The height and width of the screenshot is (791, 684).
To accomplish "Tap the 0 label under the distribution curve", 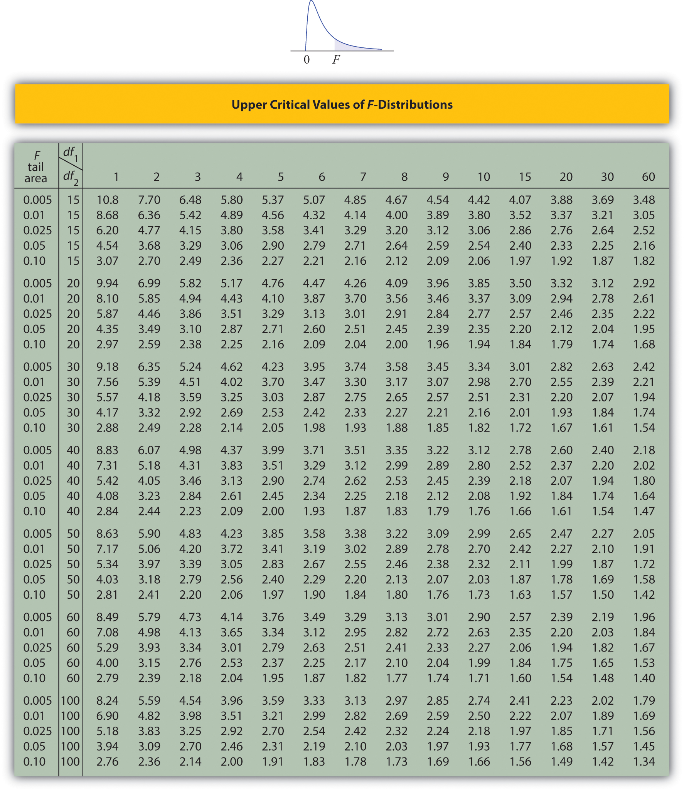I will pyautogui.click(x=307, y=60).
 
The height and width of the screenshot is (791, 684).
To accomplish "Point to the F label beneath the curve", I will pyautogui.click(x=336, y=60).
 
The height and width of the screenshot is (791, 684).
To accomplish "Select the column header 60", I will pyautogui.click(x=648, y=177).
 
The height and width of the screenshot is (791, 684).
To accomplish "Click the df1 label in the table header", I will pyautogui.click(x=70, y=153).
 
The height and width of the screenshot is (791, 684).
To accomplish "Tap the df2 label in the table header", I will pyautogui.click(x=71, y=177).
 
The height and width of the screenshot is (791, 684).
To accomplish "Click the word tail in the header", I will pyautogui.click(x=35, y=167).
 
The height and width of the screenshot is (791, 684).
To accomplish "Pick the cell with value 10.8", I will pyautogui.click(x=107, y=200).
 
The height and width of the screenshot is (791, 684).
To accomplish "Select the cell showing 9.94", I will pyautogui.click(x=107, y=284).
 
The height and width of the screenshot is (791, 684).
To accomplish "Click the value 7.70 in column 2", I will pyautogui.click(x=149, y=200).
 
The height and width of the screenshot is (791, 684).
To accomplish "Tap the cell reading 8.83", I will pyautogui.click(x=107, y=450).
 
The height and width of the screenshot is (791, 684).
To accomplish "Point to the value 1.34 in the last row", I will pyautogui.click(x=644, y=762).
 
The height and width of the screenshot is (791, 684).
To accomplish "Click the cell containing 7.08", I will pyautogui.click(x=107, y=633).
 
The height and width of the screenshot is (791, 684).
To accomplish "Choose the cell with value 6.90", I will pyautogui.click(x=107, y=716).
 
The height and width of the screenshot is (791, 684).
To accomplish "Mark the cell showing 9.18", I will pyautogui.click(x=107, y=367).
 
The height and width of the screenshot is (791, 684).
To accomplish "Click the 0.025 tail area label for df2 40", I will pyautogui.click(x=37, y=481).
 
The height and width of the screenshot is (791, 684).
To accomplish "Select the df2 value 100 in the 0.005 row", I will pyautogui.click(x=70, y=701).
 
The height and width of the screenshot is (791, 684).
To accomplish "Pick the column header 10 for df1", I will pyautogui.click(x=484, y=177).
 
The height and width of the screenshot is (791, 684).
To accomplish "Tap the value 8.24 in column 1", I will pyautogui.click(x=107, y=701).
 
